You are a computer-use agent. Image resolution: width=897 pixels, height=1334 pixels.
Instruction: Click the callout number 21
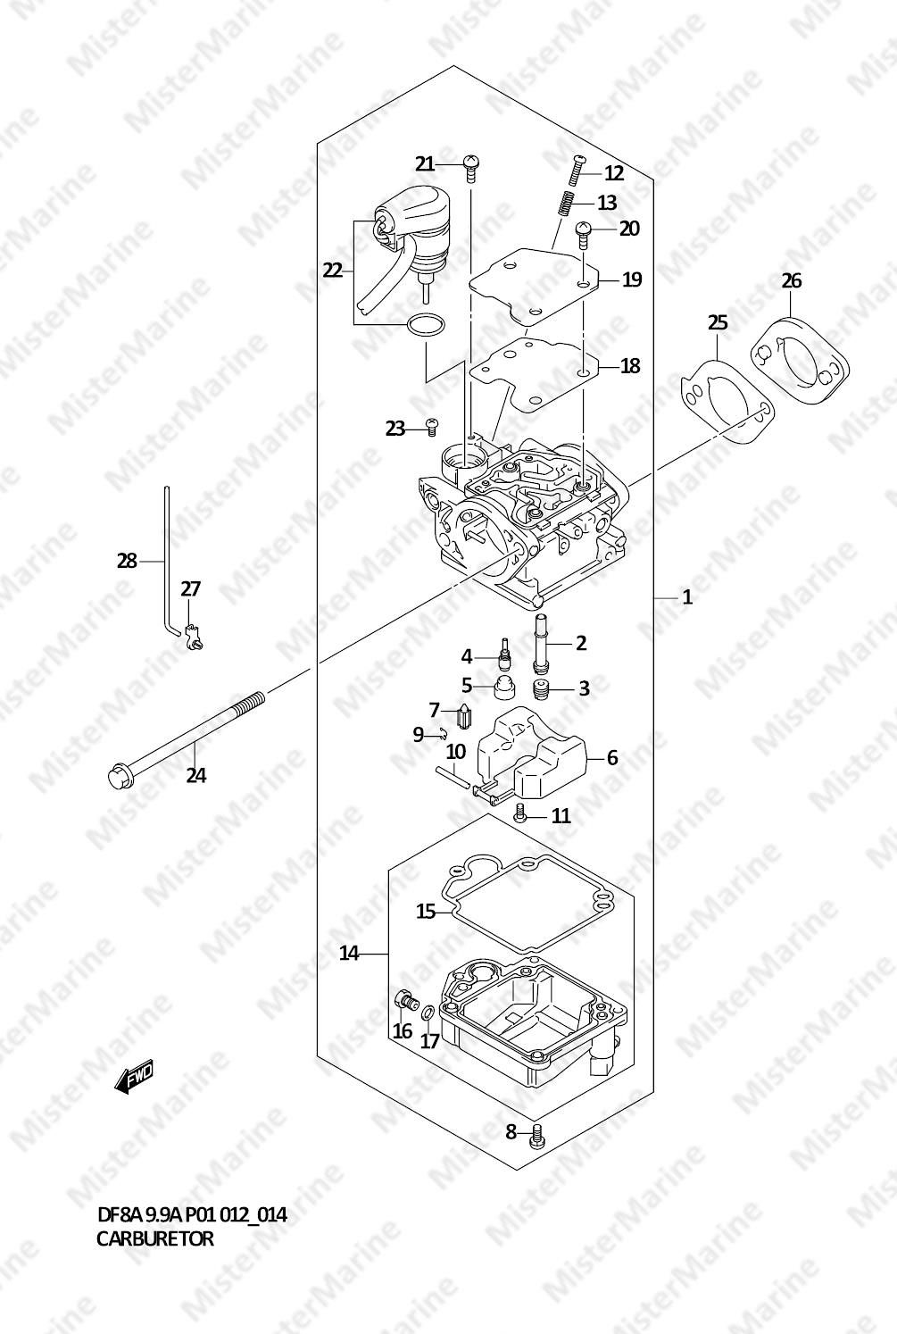[425, 163]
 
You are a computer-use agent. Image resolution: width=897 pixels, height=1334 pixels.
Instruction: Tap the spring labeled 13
[568, 203]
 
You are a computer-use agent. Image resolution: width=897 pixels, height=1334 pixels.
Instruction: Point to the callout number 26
[791, 280]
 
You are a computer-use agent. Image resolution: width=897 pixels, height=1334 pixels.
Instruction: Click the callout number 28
[127, 561]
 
